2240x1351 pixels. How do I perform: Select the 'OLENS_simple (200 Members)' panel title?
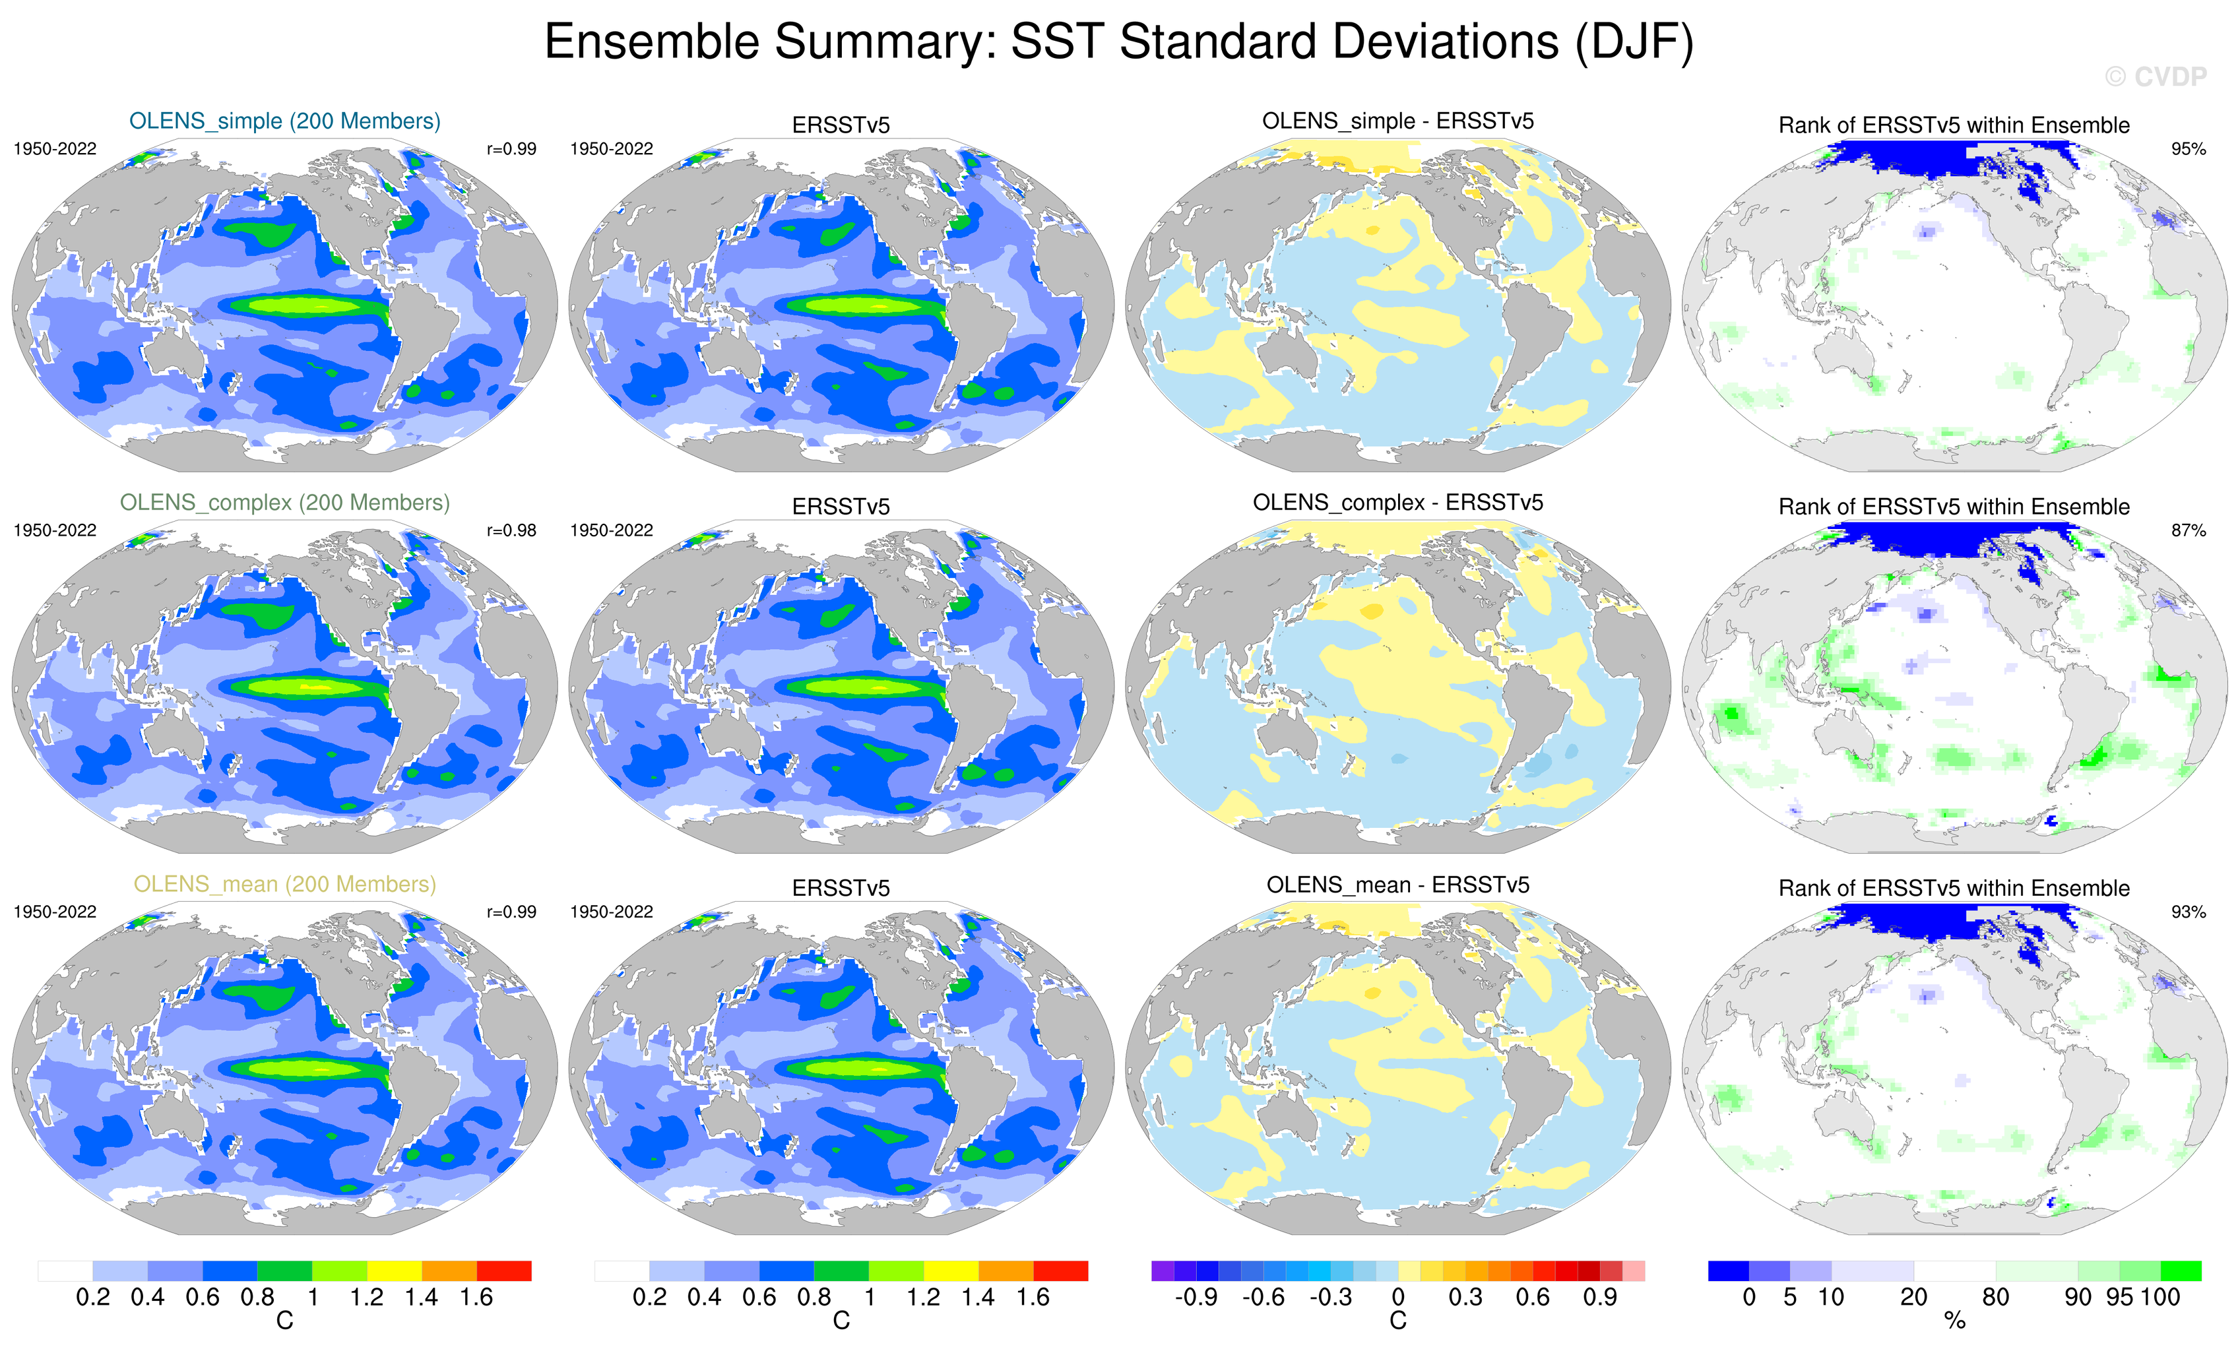point(284,121)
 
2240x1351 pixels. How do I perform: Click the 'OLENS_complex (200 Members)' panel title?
point(284,503)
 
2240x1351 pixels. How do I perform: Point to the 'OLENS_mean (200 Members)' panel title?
point(284,884)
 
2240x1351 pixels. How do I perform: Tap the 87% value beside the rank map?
point(2188,530)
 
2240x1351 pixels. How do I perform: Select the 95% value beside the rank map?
point(2188,149)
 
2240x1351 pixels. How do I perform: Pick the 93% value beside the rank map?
point(2188,912)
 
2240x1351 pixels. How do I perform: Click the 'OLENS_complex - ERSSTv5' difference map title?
point(1397,503)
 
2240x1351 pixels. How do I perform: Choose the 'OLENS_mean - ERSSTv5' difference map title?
point(1397,885)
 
